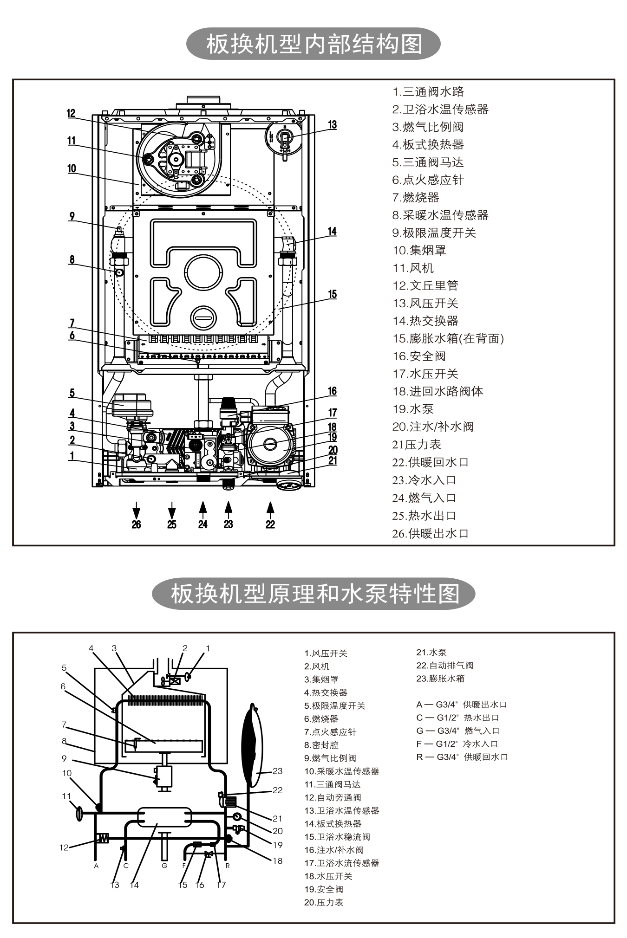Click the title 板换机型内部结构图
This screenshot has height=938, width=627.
[313, 44]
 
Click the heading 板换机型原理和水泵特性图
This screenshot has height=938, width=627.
[313, 594]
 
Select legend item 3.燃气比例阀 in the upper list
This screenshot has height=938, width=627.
[428, 127]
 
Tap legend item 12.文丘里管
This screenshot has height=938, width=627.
[425, 285]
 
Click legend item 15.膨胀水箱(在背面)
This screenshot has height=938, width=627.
[448, 338]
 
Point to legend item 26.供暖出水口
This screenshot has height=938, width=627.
[431, 533]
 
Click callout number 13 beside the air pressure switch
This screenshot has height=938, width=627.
[332, 124]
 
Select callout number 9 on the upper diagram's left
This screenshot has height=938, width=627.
[72, 216]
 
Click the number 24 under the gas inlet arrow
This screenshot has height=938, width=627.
[203, 524]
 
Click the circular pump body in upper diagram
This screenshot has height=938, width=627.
[270, 444]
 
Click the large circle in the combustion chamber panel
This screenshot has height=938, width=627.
[204, 273]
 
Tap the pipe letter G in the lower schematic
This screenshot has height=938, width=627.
[164, 866]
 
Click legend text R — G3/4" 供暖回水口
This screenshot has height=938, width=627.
[462, 757]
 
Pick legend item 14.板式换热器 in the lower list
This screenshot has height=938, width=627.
[333, 823]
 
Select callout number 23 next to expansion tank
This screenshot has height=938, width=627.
[277, 771]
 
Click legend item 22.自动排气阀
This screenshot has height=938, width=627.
[444, 665]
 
